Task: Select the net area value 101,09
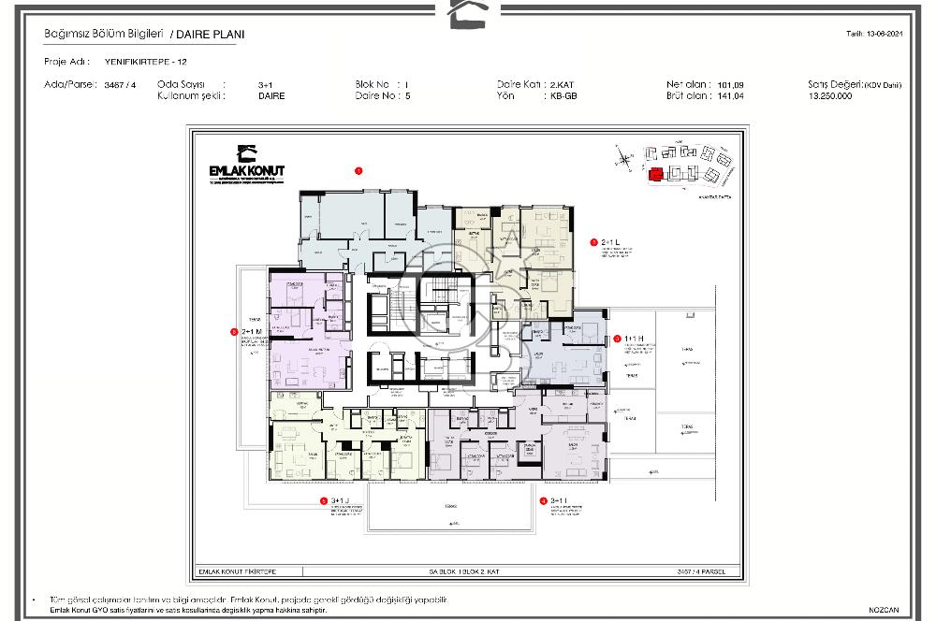[730, 84]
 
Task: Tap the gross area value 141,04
[730, 95]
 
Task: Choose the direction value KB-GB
[563, 95]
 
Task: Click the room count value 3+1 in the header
[265, 84]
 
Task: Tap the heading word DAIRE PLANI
[208, 35]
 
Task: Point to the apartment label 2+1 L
[612, 241]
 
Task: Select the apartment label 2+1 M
[252, 331]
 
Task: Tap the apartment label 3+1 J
[339, 500]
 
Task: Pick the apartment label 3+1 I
[560, 500]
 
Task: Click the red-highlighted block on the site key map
[655, 172]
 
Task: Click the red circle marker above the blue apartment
[358, 170]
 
